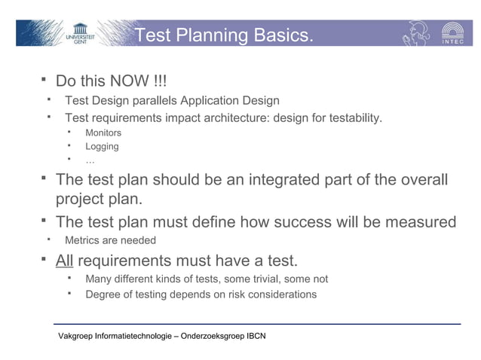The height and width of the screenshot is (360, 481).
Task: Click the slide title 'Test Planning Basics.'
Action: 223,35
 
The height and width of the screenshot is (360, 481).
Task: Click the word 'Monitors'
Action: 103,133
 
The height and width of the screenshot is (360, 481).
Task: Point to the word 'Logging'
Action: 102,146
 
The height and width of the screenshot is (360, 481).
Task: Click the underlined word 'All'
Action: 65,261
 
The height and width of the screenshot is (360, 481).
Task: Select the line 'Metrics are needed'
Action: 110,240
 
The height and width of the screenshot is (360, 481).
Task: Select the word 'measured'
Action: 421,222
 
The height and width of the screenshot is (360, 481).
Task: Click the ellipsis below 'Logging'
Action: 90,160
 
